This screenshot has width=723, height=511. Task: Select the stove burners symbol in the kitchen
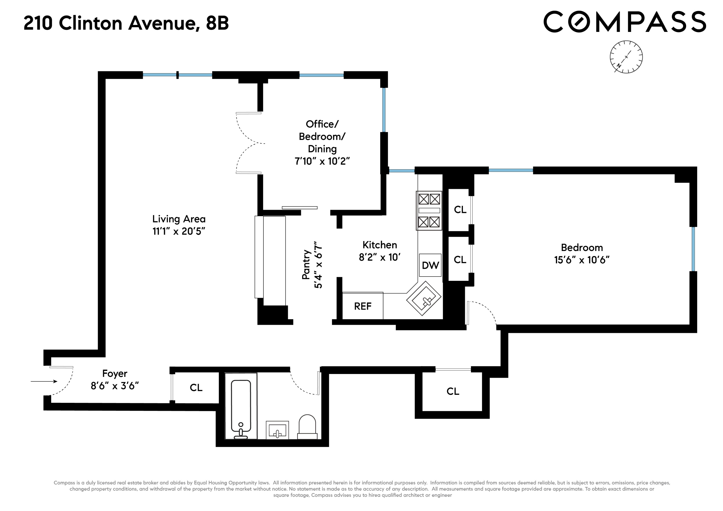[x=429, y=211]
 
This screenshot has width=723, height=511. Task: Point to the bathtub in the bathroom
[x=241, y=406]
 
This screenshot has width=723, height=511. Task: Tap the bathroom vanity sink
[x=277, y=430]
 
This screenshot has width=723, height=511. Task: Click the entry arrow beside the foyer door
[x=44, y=381]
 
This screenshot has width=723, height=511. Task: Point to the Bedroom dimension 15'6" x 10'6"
[x=582, y=260]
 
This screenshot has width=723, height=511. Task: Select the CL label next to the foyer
[x=196, y=388]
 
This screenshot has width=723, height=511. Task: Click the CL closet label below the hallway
[x=452, y=391]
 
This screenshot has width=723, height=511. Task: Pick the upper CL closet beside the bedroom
[x=460, y=210]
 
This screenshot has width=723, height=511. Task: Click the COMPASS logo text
[x=625, y=22]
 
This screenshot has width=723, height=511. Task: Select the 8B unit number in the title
[x=217, y=23]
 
